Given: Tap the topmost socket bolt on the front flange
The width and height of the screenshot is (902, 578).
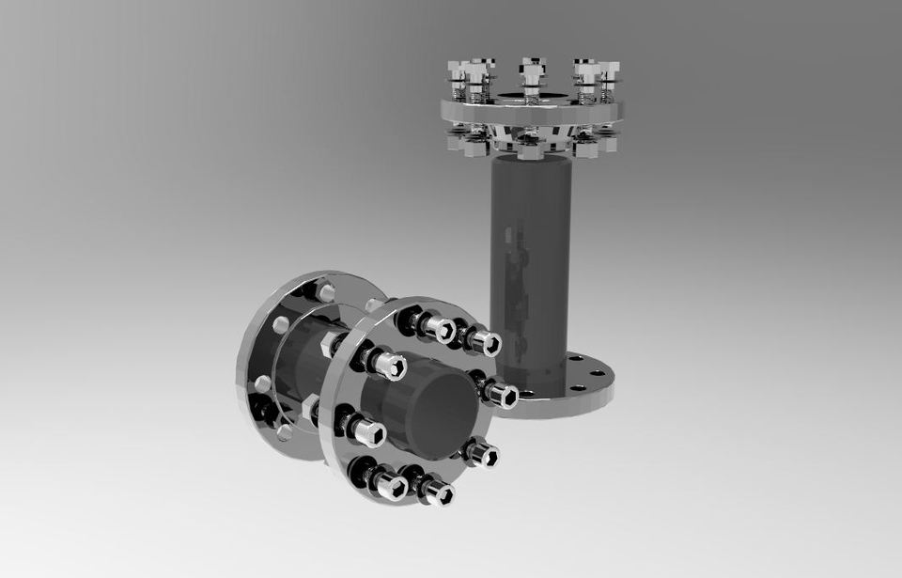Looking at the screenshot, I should [436, 328].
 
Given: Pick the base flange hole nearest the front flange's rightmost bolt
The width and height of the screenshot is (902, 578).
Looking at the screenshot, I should [527, 394].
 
